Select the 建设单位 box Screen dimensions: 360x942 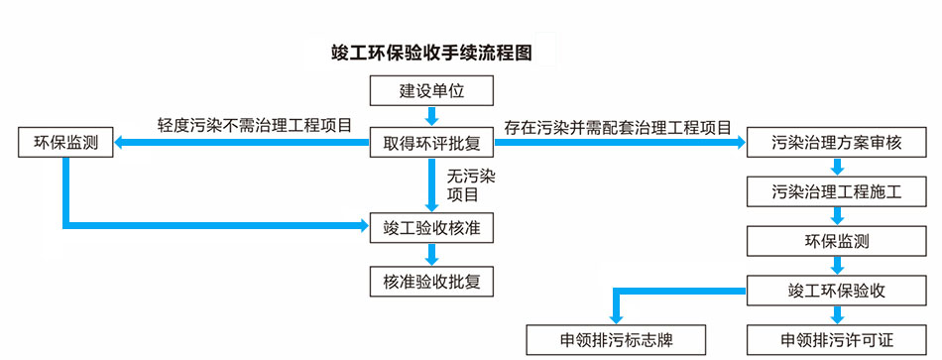click(x=431, y=91)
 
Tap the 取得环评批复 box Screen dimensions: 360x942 click(x=431, y=143)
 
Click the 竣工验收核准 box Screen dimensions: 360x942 click(x=431, y=228)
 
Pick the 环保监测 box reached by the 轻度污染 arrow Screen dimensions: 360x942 click(x=65, y=143)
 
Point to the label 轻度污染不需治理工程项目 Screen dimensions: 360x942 click(x=255, y=126)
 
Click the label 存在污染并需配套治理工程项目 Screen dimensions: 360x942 click(x=617, y=127)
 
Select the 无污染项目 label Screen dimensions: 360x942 click(x=471, y=185)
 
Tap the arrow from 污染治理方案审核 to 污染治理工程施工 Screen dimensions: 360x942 click(x=838, y=168)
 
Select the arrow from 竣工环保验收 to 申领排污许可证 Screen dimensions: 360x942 click(x=838, y=315)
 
